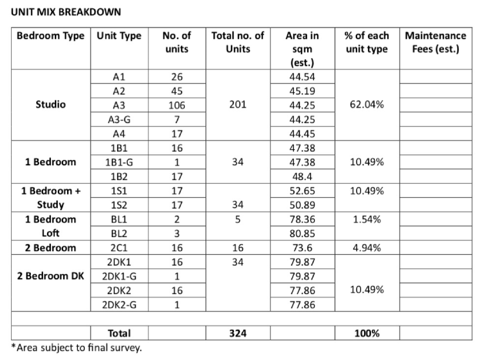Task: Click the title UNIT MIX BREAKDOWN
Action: tap(66, 12)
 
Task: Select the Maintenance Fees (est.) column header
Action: tap(435, 42)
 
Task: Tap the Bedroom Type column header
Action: tap(50, 36)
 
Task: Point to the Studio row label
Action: tap(50, 104)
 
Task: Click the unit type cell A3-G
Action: tap(119, 119)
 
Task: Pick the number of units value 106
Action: tap(177, 105)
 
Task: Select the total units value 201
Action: tap(238, 105)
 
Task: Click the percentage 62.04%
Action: tap(367, 105)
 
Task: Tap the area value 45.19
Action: tap(302, 91)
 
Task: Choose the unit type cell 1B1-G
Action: tap(119, 162)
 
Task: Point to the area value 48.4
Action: tap(302, 176)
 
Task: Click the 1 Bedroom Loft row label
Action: tap(50, 226)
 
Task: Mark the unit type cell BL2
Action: tap(119, 233)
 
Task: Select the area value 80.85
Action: tap(302, 233)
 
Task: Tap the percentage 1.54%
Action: tap(367, 219)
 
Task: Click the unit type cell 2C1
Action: tap(119, 248)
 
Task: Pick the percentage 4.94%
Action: tap(367, 248)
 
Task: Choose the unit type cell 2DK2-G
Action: tap(119, 305)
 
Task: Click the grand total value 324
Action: tap(238, 334)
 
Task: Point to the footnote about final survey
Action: tap(76, 348)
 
